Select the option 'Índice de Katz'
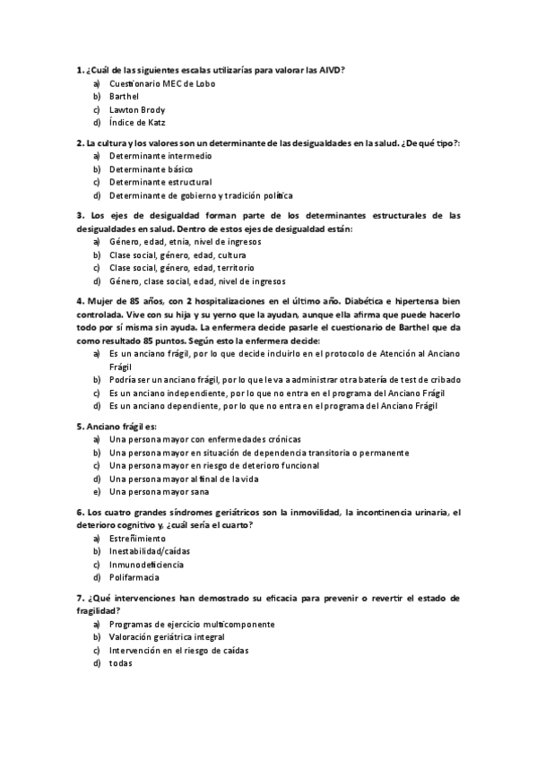[x=137, y=123]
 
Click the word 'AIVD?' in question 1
[x=331, y=70]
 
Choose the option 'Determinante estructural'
[x=160, y=182]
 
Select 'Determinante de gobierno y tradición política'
[x=201, y=195]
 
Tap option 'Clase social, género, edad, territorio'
[x=181, y=267]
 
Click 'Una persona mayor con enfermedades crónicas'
[x=205, y=439]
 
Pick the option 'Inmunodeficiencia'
[x=147, y=565]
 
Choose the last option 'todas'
[x=120, y=663]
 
